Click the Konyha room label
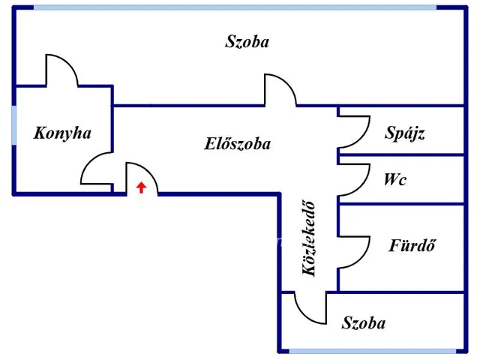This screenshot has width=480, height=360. click(x=62, y=133)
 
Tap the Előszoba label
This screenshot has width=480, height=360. click(x=237, y=144)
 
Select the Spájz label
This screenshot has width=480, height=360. click(x=405, y=133)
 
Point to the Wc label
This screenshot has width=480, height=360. click(x=394, y=180)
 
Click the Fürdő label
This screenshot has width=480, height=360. click(x=412, y=245)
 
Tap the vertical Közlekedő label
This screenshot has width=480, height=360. click(x=309, y=239)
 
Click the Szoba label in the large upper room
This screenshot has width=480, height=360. click(x=247, y=42)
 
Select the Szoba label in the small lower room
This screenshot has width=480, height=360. click(x=364, y=323)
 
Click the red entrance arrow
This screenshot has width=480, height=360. click(x=141, y=187)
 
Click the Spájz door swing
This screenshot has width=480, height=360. click(x=354, y=132)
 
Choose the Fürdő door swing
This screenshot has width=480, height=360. click(x=354, y=250)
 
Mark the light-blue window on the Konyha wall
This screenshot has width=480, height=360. click(x=13, y=125)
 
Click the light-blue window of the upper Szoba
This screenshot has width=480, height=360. click(x=235, y=7)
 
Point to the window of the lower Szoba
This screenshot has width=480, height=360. click(x=372, y=350)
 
